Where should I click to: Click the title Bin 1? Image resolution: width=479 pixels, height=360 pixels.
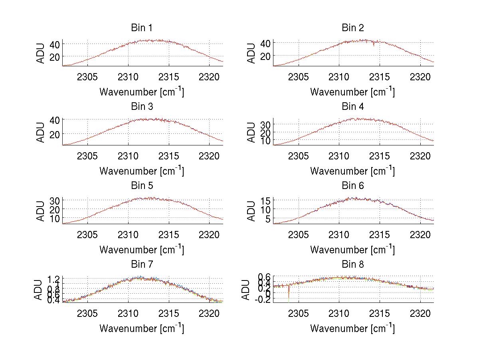tap(142, 28)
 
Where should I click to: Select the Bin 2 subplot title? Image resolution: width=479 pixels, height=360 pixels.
tap(352, 28)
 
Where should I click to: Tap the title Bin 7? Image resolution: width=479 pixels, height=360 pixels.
tap(142, 265)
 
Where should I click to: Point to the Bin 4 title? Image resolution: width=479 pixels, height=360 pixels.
tap(352, 107)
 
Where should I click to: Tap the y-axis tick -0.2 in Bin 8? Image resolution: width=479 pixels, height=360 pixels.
tap(263, 300)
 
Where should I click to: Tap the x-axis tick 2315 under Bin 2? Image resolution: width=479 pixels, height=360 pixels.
tap(380, 77)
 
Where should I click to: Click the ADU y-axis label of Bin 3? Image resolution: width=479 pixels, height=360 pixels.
tap(41, 132)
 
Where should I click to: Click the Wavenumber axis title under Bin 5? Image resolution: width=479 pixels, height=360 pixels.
tap(142, 250)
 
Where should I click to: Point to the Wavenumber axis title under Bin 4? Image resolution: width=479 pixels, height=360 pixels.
tap(352, 171)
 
